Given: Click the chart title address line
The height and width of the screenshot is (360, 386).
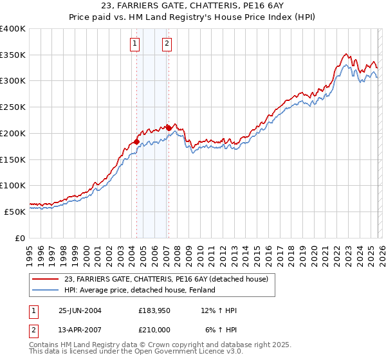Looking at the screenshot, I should [x=192, y=6].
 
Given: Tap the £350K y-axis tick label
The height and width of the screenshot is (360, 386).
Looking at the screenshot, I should [x=13, y=55].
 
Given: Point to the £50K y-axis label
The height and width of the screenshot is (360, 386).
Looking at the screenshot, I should [x=15, y=212].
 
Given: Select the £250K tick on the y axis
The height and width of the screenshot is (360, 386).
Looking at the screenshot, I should [x=13, y=107].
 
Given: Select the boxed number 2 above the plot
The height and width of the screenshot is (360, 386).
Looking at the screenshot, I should [x=167, y=44].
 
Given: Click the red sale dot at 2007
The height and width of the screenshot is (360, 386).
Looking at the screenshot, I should [x=168, y=128].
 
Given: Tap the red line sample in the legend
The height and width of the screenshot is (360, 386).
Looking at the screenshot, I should [x=47, y=279].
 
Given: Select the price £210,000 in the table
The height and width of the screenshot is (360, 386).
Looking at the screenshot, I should [x=154, y=328].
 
